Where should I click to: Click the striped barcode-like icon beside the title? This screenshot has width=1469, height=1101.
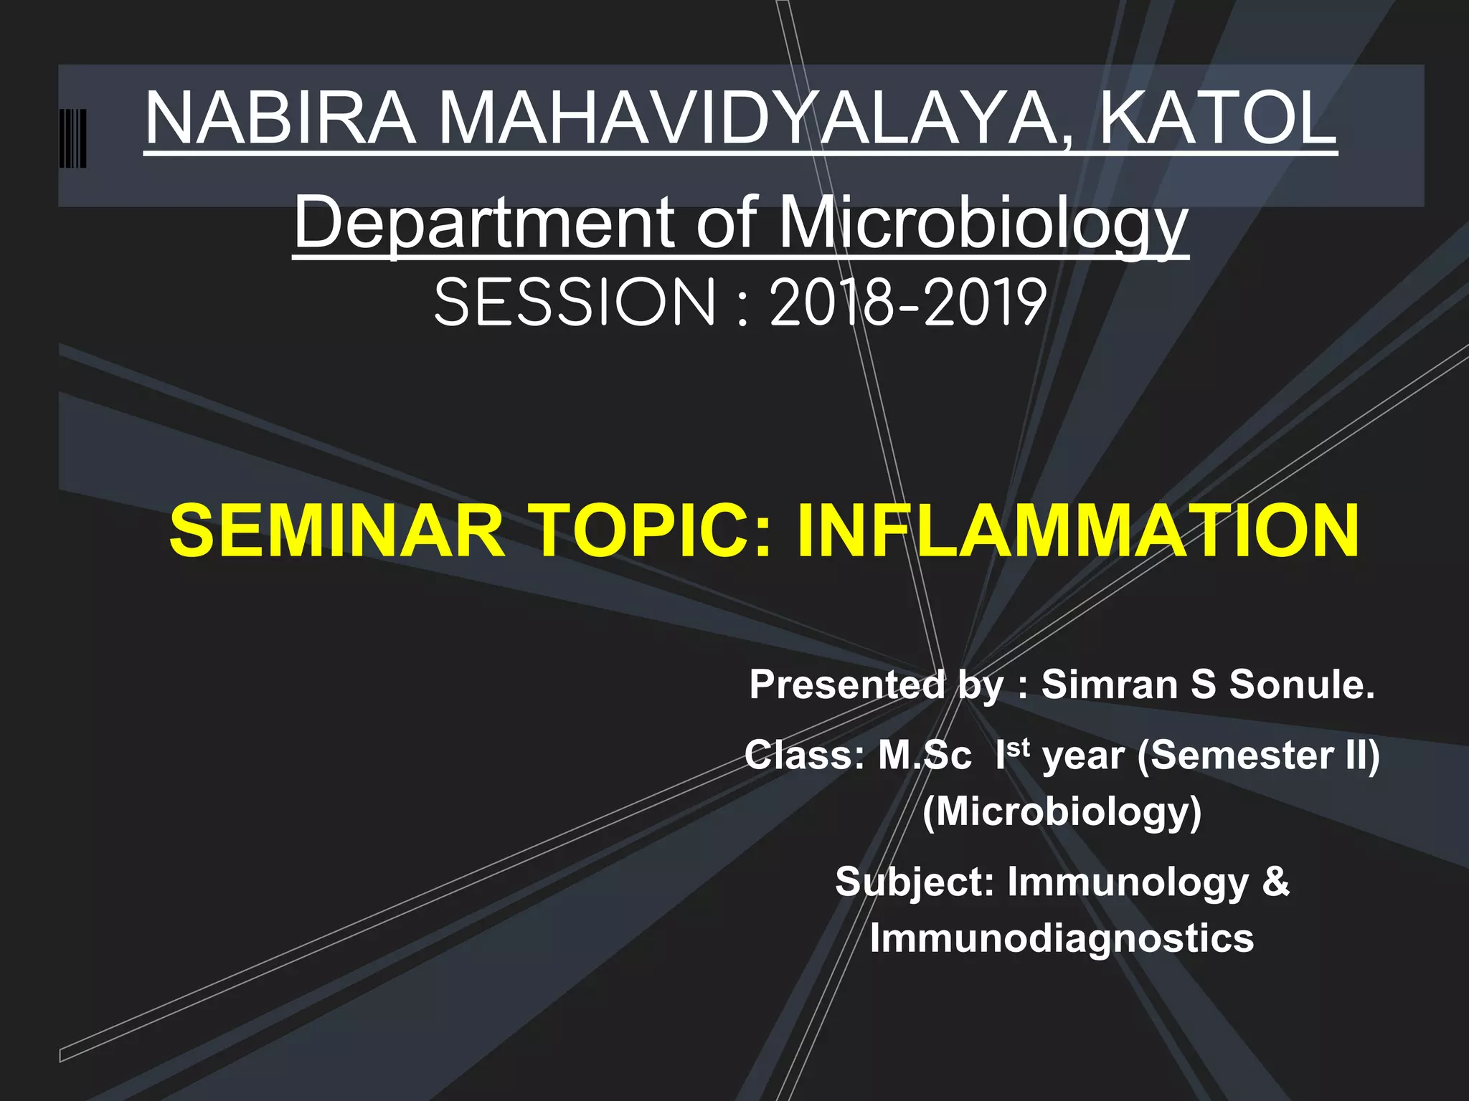pyautogui.click(x=73, y=138)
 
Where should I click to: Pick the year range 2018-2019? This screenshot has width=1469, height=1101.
pyautogui.click(x=907, y=303)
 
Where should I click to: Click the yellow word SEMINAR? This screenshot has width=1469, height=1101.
pyautogui.click(x=337, y=531)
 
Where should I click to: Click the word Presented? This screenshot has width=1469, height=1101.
pyautogui.click(x=846, y=684)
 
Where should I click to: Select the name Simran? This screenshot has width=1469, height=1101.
pyautogui.click(x=1109, y=684)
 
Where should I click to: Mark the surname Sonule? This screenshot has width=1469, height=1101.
pyautogui.click(x=1302, y=684)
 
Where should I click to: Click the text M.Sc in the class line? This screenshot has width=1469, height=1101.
pyautogui.click(x=925, y=756)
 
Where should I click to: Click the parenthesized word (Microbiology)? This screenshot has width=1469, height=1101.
pyautogui.click(x=1062, y=811)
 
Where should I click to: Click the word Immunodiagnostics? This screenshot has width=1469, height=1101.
pyautogui.click(x=1062, y=938)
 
